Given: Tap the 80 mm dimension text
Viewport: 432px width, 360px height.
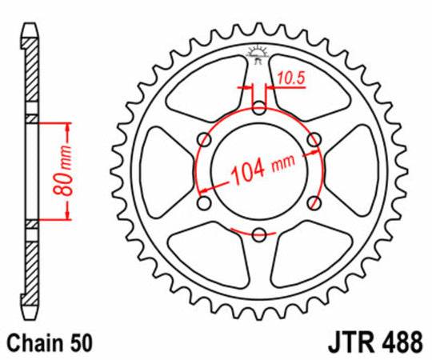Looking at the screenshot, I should click(x=66, y=170).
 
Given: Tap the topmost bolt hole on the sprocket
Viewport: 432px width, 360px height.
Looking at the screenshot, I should click(x=258, y=106).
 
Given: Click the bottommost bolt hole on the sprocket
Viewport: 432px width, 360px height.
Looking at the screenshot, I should click(x=258, y=234).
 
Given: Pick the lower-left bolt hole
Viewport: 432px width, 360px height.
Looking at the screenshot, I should click(x=202, y=202).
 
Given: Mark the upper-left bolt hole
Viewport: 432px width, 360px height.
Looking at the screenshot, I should click(x=202, y=138).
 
